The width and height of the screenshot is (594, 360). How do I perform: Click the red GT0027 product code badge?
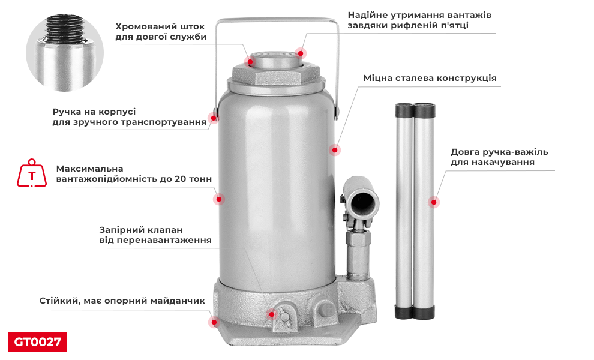tap(37, 342)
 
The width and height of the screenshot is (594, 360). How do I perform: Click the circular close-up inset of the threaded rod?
tap(65, 53)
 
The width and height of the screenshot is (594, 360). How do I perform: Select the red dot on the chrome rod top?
tap(251, 61)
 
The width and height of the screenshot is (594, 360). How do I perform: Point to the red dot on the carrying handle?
tap(213, 118)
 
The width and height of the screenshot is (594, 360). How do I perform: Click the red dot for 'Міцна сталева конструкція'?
tap(335, 150)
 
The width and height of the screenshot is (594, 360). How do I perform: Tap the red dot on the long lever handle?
tap(434, 203)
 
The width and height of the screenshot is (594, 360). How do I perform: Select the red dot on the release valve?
tap(272, 314)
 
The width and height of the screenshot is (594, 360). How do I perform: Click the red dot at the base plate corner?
tap(214, 322)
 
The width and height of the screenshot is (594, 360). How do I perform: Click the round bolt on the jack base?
tap(326, 308)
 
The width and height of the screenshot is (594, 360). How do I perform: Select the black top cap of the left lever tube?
tap(404, 110)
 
